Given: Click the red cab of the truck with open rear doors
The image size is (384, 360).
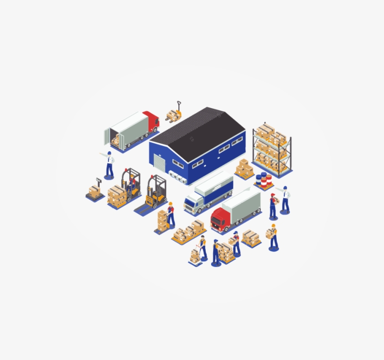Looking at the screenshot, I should (x=151, y=121).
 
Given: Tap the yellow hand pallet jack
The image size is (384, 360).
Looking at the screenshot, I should (x=174, y=113).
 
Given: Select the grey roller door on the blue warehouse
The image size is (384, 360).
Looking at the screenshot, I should (x=160, y=165).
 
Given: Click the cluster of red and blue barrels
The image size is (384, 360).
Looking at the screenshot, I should (x=264, y=181).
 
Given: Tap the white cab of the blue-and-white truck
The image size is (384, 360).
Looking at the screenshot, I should (x=192, y=204).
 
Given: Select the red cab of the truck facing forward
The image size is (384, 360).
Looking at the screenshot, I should (x=221, y=219).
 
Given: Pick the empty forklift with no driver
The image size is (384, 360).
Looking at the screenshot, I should (x=156, y=191).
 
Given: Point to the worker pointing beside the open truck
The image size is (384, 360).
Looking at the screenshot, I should (x=109, y=164).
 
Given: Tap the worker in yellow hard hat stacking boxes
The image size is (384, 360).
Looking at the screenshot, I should (x=170, y=213).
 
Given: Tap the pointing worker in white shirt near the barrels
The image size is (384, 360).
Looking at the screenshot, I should (x=285, y=199).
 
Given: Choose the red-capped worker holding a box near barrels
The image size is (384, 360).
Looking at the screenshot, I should (x=273, y=205).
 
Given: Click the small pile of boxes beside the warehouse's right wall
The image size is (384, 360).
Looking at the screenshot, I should (x=244, y=169).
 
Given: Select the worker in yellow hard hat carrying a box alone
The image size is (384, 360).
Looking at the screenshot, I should (x=273, y=236).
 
